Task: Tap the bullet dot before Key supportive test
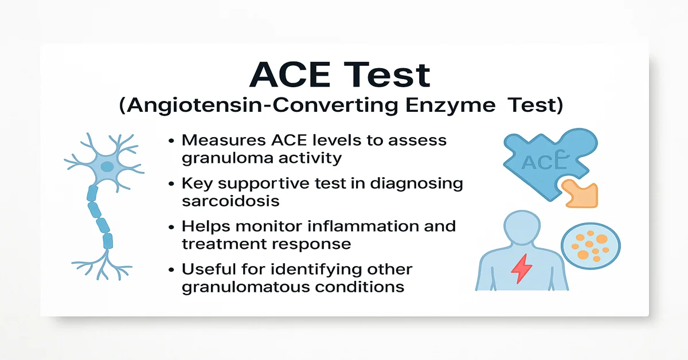[173, 184]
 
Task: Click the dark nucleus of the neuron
[107, 167]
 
